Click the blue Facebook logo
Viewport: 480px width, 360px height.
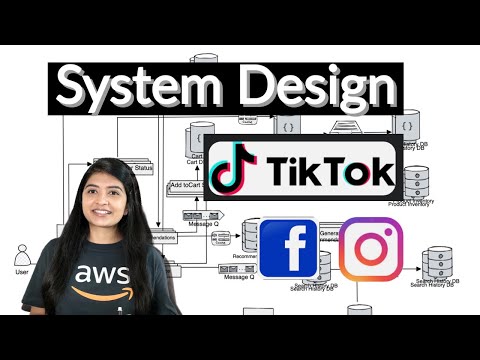point(289,249)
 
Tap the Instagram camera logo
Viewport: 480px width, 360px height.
point(371,249)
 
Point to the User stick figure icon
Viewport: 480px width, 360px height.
point(22,253)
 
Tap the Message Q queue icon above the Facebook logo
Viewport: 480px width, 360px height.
point(194,214)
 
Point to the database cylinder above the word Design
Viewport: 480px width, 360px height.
point(205,60)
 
